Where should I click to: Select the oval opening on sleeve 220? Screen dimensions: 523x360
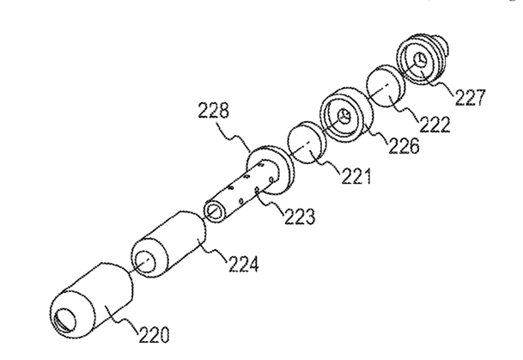click(x=65, y=320)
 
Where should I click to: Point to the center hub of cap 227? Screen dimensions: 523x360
click(x=418, y=60)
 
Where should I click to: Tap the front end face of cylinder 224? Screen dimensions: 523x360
click(x=146, y=262)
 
